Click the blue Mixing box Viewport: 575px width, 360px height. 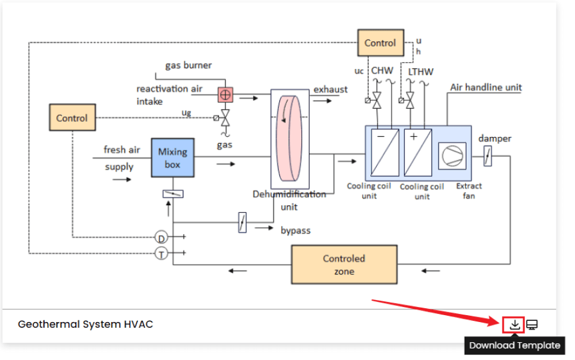pos(172,158)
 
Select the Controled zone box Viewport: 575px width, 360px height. pos(344,265)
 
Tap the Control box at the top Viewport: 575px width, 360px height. pos(380,43)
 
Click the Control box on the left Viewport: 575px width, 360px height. pos(72,118)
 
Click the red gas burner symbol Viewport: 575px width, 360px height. pos(225,94)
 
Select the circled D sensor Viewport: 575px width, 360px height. pos(162,238)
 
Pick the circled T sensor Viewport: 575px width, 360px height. pos(162,253)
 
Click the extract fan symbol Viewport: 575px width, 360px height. pos(452,155)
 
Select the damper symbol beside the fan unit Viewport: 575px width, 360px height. pos(488,156)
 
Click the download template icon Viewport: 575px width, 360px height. pos(515,325)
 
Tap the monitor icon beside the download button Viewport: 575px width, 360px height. pos(532,325)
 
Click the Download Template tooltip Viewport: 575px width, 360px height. pos(515,346)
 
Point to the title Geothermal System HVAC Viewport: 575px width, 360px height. pos(85,324)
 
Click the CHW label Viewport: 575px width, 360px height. pos(382,71)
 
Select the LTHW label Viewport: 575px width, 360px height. pos(420,72)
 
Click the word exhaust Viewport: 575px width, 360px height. pos(330,89)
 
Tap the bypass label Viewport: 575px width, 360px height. pos(296,231)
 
